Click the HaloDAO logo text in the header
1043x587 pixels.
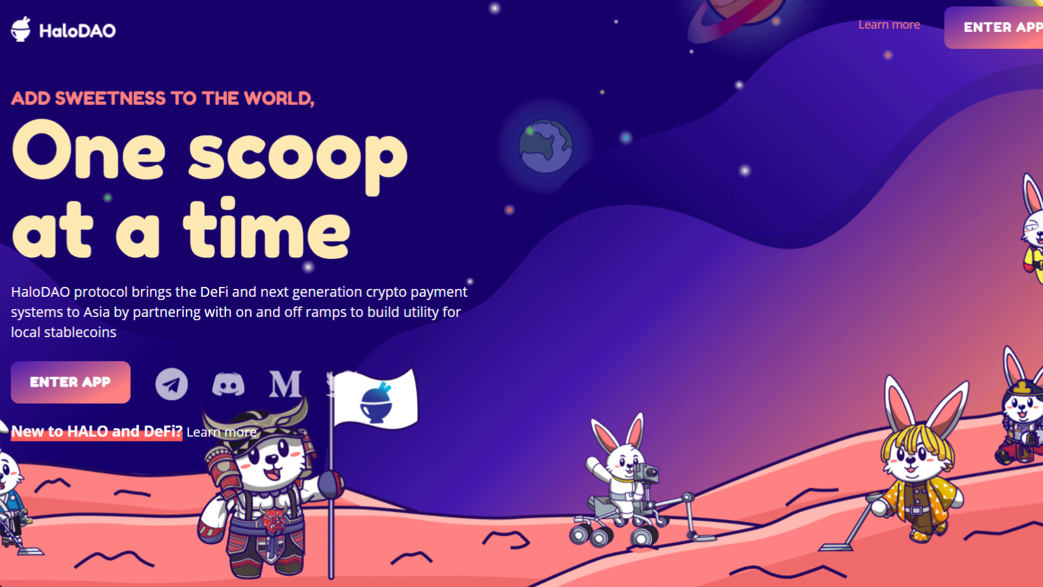pos(78,31)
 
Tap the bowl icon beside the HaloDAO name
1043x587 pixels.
pos(21,29)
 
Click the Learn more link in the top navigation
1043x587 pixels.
pos(889,25)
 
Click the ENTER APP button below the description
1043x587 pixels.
pos(70,382)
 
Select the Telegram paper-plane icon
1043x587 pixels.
pos(171,384)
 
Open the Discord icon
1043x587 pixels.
pos(228,384)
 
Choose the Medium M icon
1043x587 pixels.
pos(285,384)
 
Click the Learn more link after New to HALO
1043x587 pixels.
pos(221,432)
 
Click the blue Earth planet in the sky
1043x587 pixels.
pos(545,146)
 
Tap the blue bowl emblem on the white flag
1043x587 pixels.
pos(376,402)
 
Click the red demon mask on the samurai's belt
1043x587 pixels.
pos(274,521)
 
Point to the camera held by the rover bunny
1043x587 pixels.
pos(647,472)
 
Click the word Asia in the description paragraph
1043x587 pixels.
pos(96,312)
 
